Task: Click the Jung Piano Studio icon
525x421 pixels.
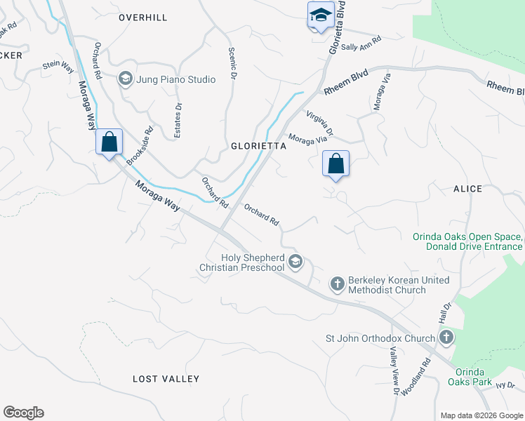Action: coord(126,79)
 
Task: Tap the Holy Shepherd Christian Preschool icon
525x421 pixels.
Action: coord(295,262)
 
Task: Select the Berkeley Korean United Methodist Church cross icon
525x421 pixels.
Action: coord(338,283)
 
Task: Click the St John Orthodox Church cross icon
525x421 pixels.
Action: coord(446,338)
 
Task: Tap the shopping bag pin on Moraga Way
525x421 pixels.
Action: coord(109,142)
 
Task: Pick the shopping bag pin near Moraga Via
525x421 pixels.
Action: coord(336,164)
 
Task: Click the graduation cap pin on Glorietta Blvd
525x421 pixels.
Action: coord(320,15)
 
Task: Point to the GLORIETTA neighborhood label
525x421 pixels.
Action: coord(259,147)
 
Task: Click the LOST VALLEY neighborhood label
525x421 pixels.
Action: coord(166,379)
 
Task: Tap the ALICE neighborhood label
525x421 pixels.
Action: coord(467,189)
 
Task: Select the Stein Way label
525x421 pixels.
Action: coord(58,66)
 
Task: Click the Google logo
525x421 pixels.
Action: coord(23,413)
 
